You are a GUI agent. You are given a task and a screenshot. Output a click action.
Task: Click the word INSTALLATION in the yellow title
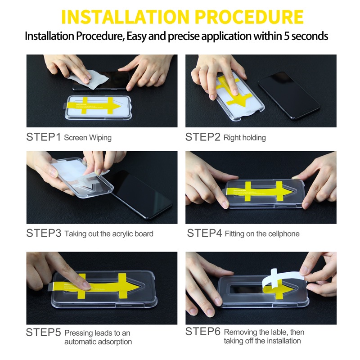tap(126, 17)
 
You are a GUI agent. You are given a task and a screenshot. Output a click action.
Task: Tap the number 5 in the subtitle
tap(286, 36)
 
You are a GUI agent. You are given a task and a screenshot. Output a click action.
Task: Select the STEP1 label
tap(43, 137)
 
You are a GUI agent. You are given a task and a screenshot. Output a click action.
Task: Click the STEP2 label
tap(203, 137)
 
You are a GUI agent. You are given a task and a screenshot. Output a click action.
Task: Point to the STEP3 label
tap(44, 233)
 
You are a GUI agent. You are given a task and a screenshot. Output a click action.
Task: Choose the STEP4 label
tap(204, 233)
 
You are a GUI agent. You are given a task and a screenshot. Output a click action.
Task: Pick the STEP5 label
tap(43, 332)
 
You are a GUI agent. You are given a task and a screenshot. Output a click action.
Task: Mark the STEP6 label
tap(203, 332)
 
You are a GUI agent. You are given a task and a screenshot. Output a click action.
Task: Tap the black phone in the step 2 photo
tap(289, 95)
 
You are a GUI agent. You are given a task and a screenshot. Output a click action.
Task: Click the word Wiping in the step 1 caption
tap(100, 138)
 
